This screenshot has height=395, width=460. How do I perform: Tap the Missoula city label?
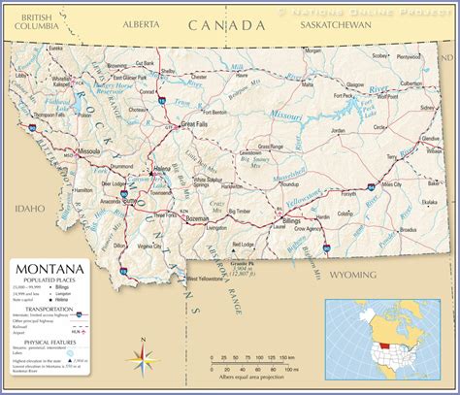(89, 152)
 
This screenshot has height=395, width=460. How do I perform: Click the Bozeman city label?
(197, 220)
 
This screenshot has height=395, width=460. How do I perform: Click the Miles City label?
(391, 184)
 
